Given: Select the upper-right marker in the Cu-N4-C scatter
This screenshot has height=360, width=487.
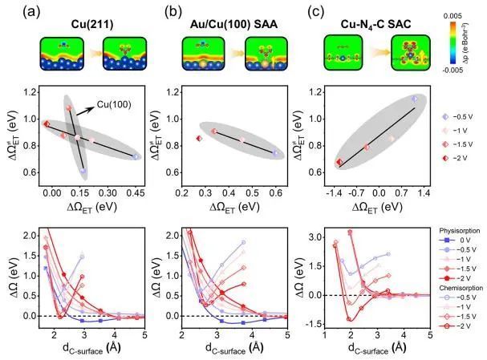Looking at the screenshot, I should tap(414, 99).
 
